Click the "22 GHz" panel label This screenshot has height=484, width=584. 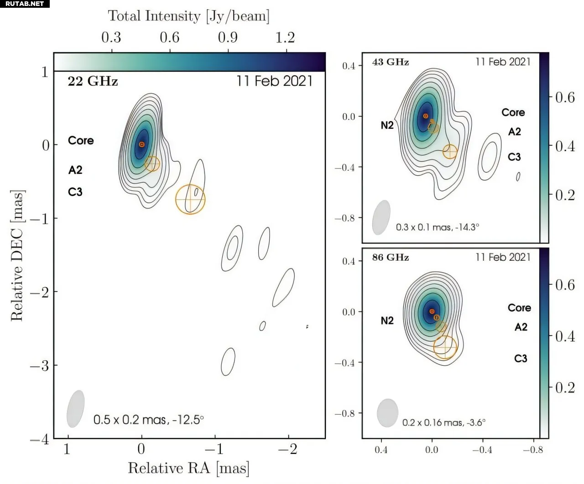tap(93, 82)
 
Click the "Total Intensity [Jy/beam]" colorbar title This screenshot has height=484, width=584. tap(188, 16)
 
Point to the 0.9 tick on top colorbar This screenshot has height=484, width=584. tap(228, 37)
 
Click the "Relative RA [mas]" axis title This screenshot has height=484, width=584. tap(188, 468)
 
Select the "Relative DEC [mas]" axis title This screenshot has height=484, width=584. tap(17, 256)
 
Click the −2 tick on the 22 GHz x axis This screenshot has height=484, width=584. tap(288, 449)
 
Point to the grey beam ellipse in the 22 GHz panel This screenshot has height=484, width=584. tap(76, 409)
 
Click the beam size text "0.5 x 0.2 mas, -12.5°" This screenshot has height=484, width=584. tap(148, 419)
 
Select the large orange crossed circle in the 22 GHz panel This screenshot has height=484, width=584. tap(191, 200)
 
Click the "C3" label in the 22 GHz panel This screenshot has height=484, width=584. tap(75, 192)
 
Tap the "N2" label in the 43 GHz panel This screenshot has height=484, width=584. tap(387, 125)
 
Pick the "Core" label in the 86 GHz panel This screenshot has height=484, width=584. tap(519, 308)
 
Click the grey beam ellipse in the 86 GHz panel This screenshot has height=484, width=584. tap(388, 413)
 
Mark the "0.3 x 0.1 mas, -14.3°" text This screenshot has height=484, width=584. tap(437, 227)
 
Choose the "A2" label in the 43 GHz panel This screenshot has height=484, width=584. tap(514, 132)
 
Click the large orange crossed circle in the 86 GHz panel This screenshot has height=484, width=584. tap(445, 347)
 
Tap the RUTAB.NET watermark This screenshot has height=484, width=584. tap(25, 4)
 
